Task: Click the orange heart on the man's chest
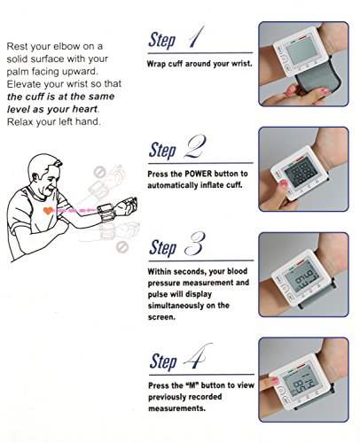48,211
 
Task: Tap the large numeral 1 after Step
197,37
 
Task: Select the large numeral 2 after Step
195,146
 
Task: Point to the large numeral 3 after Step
194,245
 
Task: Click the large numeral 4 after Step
198,356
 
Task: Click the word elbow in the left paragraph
65,46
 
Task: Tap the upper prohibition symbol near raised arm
99,172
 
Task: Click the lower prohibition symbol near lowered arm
121,247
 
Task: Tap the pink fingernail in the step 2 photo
284,184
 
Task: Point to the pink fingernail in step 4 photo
275,380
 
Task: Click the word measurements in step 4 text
176,408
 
